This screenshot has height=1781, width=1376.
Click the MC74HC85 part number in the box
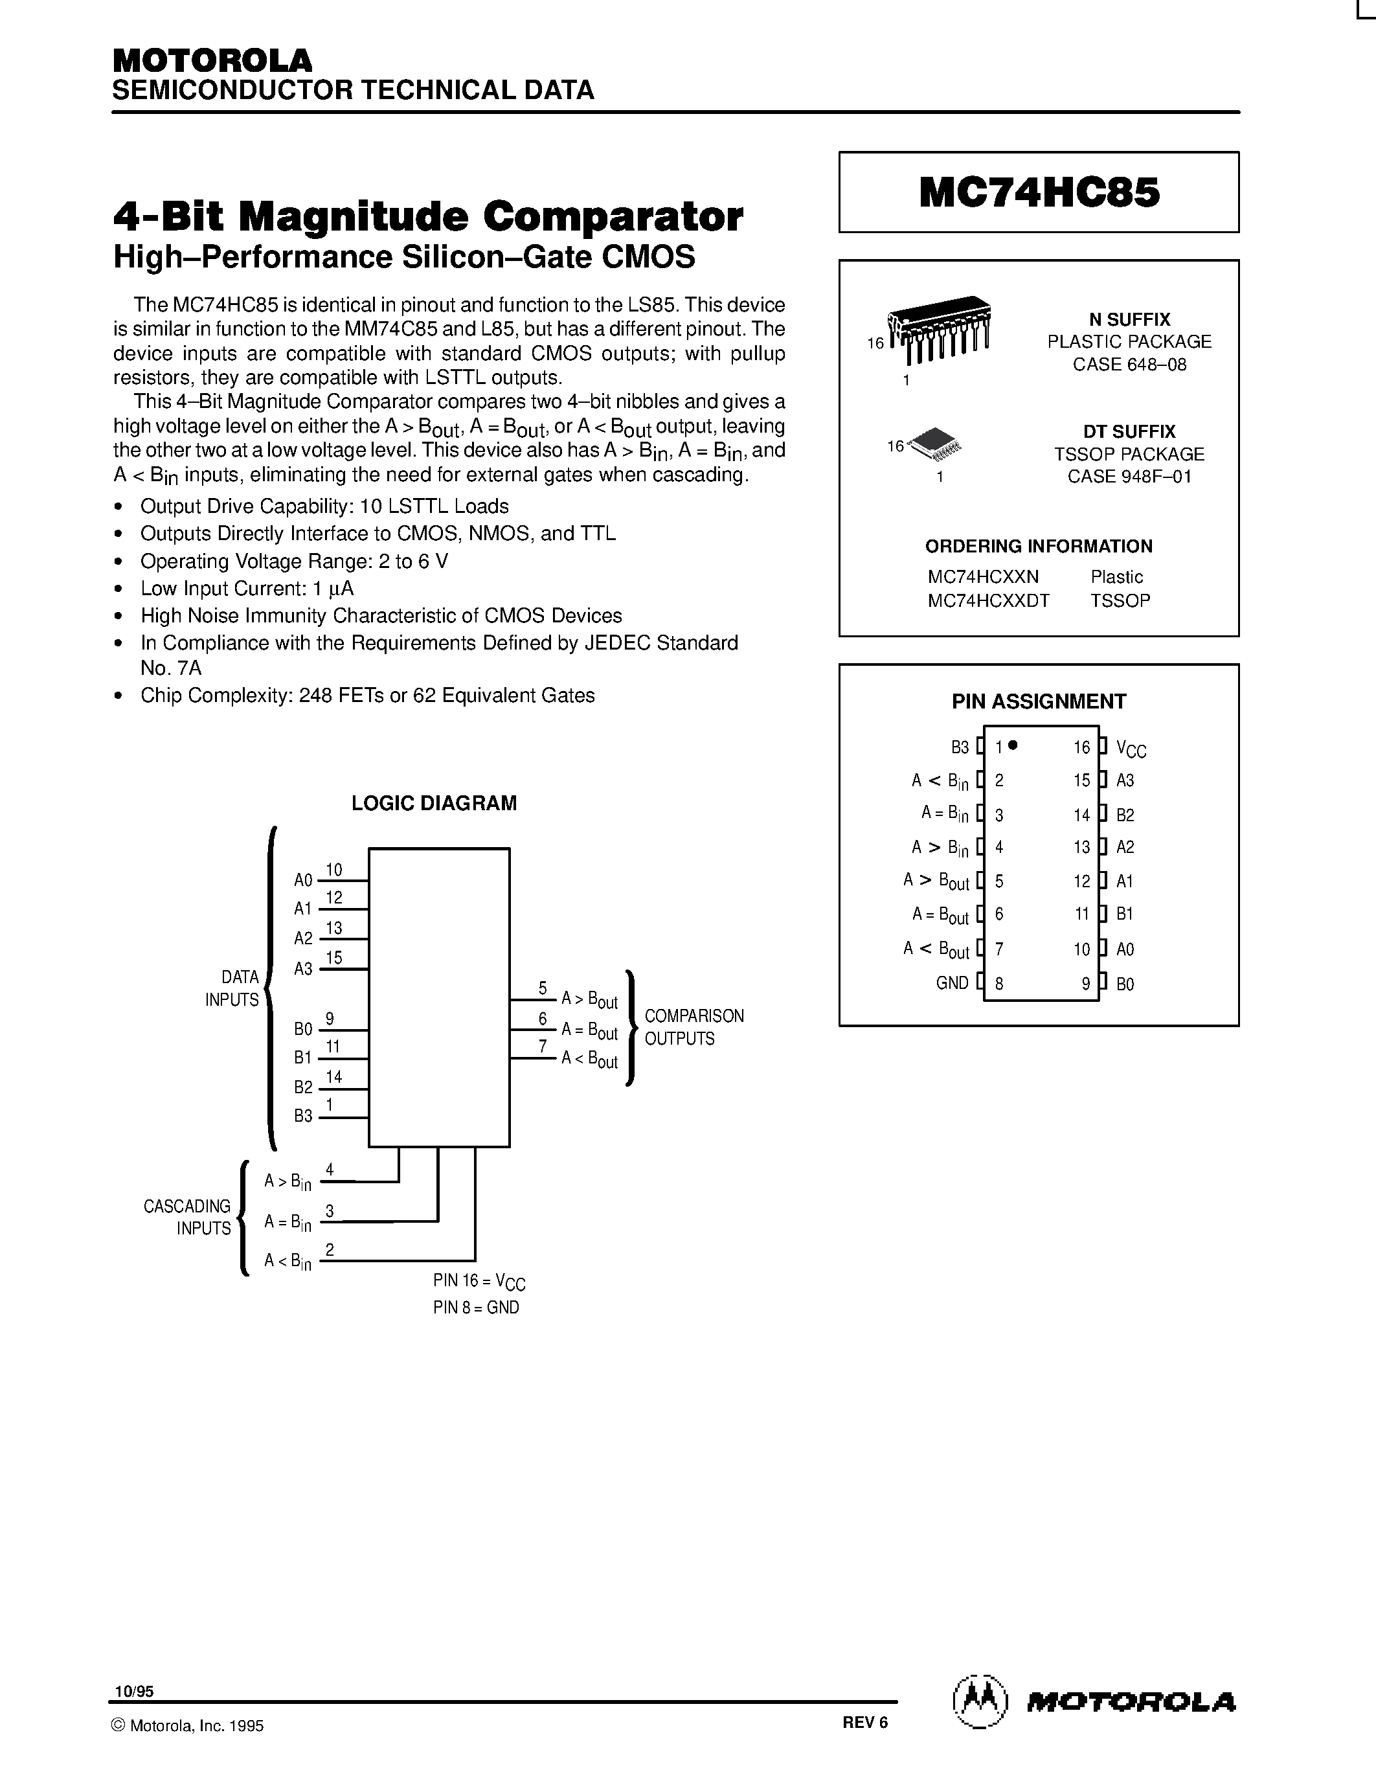[1039, 193]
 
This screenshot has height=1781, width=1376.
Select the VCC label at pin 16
[1131, 749]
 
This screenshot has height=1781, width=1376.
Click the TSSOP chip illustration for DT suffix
[934, 444]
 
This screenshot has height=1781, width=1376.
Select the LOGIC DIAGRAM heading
[434, 803]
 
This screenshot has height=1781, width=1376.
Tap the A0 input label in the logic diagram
[303, 881]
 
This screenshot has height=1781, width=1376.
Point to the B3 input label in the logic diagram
[303, 1116]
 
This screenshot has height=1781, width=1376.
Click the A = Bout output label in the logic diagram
[589, 1031]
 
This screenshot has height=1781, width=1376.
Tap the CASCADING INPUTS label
[188, 1217]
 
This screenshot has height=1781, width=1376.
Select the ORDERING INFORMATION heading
[1039, 547]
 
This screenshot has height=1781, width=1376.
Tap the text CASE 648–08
[1129, 365]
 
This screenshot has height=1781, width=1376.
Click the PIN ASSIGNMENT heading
[1039, 701]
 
